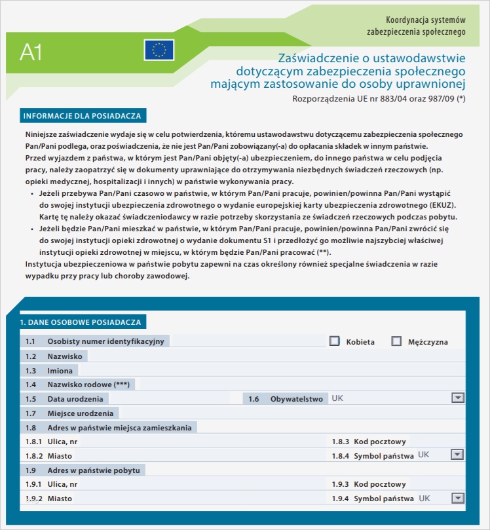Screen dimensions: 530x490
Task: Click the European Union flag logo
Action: (159, 50)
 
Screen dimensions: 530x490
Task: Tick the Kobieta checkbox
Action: (335, 341)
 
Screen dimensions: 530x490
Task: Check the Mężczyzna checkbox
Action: (396, 341)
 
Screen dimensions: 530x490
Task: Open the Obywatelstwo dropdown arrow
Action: (457, 398)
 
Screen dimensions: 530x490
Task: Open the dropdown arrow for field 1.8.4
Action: (457, 455)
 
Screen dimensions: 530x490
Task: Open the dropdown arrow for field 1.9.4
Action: (457, 499)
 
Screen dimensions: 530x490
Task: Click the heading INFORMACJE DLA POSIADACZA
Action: (83, 116)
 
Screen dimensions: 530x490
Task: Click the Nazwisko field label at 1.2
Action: (64, 356)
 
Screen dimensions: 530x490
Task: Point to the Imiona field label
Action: (60, 370)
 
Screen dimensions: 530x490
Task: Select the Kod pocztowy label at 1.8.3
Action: (380, 441)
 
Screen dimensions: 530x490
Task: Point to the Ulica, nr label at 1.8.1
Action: (62, 441)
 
